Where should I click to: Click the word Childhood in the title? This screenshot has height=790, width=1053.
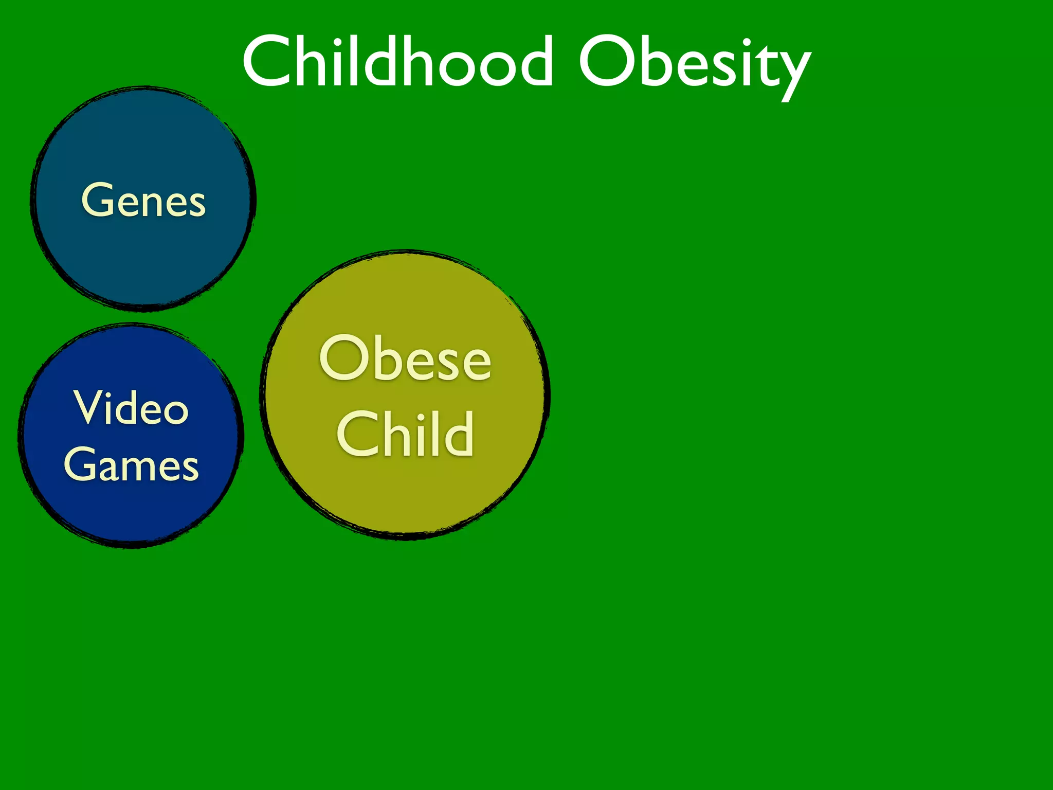coord(397,62)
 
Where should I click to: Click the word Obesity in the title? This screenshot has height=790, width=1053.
coord(694,64)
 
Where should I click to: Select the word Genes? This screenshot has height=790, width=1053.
coord(143,200)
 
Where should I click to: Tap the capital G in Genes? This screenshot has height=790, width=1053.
coord(98,199)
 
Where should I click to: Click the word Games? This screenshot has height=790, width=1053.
coord(131,464)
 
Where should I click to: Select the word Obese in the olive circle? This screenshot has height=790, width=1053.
coord(405,358)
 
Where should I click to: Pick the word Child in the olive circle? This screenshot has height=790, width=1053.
coord(405,434)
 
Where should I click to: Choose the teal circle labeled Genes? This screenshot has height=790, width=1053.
coord(143,257)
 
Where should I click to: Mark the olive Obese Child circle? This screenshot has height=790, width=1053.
coord(405,494)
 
